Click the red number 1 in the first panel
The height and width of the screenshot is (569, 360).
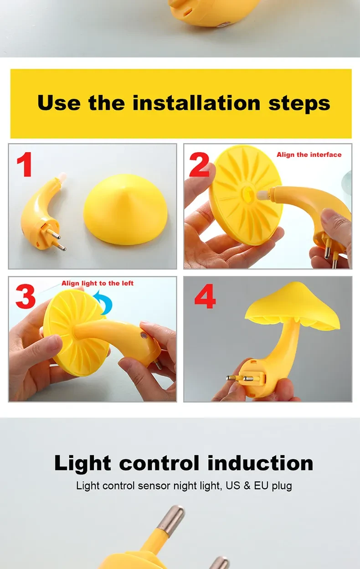click(25, 165)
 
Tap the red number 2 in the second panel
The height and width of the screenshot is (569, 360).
click(199, 165)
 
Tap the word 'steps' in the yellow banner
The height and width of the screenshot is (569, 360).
click(299, 103)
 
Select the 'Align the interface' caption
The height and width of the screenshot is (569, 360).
click(309, 155)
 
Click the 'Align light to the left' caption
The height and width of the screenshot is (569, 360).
click(98, 284)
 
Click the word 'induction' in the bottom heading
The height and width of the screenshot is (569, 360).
click(260, 463)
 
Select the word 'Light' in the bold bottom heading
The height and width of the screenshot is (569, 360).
click(82, 463)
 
